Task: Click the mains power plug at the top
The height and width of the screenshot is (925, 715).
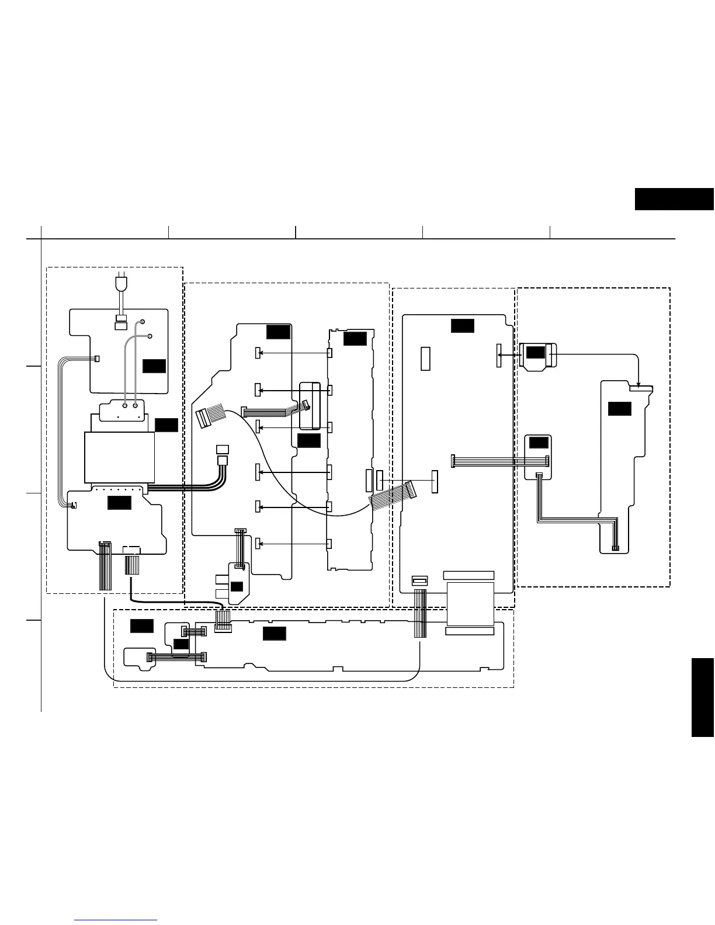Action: point(122,284)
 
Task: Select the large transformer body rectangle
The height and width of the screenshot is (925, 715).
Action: point(119,457)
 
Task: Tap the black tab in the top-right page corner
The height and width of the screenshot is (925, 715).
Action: point(674,199)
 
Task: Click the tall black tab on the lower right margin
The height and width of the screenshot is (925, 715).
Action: point(703,698)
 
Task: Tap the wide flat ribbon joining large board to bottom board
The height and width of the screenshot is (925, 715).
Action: point(470,604)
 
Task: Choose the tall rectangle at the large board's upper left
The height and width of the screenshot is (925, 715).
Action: point(425,359)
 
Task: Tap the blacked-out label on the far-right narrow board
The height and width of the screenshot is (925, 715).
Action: point(619,409)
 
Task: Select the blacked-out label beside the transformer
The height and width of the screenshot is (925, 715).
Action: point(166,425)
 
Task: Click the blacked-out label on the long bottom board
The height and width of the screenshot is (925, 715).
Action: point(274,633)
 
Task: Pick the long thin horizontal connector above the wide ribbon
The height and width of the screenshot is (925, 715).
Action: point(468,575)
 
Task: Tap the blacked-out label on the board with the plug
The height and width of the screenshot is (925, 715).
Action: point(154,366)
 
